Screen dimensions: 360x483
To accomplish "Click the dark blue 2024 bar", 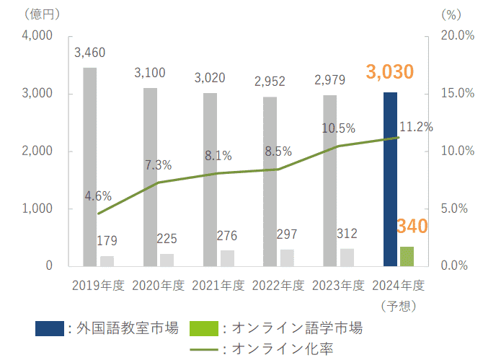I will coord(390,179).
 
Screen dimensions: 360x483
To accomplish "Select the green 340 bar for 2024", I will coord(407,256).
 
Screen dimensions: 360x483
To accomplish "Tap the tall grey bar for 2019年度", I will coord(90,167).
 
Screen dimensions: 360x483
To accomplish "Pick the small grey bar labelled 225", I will coord(167,260).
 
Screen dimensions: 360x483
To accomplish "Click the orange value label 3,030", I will coord(390,72).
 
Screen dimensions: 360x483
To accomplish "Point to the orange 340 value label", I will coord(412,227).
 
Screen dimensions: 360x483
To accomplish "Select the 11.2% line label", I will coord(415,127).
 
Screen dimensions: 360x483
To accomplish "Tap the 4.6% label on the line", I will coord(97,196).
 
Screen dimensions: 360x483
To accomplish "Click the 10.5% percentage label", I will coord(338,128).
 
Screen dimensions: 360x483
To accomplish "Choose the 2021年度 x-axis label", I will coord(218,284).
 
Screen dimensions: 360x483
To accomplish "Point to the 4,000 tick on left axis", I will coord(38,36).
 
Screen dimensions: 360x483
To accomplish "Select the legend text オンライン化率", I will coord(282,350).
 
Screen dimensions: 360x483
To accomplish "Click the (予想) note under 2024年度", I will coord(397,305).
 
